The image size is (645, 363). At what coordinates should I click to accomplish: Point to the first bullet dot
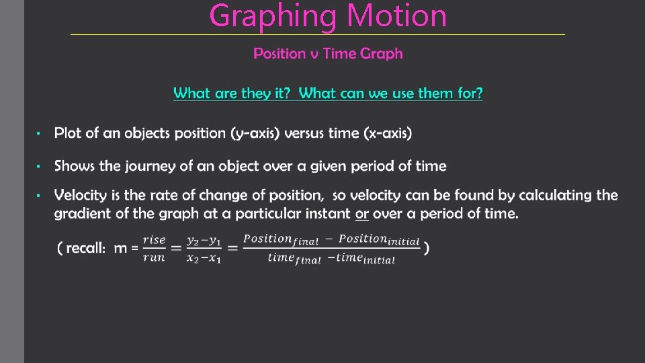click(x=40, y=134)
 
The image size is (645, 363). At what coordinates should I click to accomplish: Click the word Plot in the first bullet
click(x=68, y=133)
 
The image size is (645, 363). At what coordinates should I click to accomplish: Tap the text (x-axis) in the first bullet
click(x=388, y=133)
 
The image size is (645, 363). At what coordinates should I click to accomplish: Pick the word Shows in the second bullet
click(x=75, y=165)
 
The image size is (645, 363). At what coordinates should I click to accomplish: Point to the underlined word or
click(x=362, y=214)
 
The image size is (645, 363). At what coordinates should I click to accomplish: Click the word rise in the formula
click(x=154, y=240)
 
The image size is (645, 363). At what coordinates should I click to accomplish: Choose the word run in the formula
click(x=154, y=257)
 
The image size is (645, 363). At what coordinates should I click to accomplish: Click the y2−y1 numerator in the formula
click(x=203, y=240)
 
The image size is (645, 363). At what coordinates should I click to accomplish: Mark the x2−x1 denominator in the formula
click(x=203, y=258)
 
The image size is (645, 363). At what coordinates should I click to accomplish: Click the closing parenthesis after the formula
click(x=427, y=249)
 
